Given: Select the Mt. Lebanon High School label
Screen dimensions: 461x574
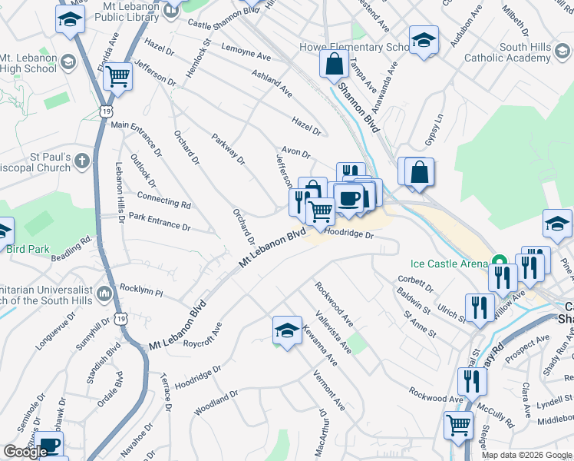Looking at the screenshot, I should [x=28, y=65].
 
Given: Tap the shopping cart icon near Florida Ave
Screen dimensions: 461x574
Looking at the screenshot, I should [x=118, y=76].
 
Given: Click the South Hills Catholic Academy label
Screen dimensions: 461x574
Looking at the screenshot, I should [x=513, y=52].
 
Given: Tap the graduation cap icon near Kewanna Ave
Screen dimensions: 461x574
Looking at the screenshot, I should [x=287, y=330].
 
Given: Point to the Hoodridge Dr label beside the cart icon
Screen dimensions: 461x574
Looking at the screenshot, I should [x=348, y=232].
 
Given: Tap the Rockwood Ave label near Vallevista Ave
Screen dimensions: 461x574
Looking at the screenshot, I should [x=333, y=301].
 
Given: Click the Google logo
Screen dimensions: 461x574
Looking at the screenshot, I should [x=25, y=452].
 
